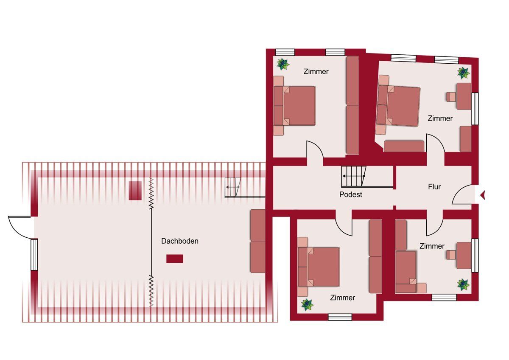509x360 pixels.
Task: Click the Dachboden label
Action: pos(180,241)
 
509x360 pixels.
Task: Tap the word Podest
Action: pos(351,194)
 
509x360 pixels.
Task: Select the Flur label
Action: pos(434,187)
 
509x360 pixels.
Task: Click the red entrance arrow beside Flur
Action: pos(483,195)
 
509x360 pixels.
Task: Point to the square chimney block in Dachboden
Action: pos(135,191)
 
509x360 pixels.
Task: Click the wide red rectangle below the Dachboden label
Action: pos(175,259)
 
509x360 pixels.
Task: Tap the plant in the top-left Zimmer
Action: pos(283,64)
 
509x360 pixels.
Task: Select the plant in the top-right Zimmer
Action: pos(464,73)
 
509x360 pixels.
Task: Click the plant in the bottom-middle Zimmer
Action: pos(308,304)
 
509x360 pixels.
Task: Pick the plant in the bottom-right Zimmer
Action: pos(464,284)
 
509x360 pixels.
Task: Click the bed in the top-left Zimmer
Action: pos(294,106)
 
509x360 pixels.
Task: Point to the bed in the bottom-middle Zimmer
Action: pos(319,267)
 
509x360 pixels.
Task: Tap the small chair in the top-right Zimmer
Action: pos(451,97)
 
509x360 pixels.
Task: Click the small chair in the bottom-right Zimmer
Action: pos(451,255)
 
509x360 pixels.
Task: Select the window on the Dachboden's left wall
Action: pos(34,255)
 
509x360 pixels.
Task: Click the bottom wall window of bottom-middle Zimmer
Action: pos(340,317)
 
